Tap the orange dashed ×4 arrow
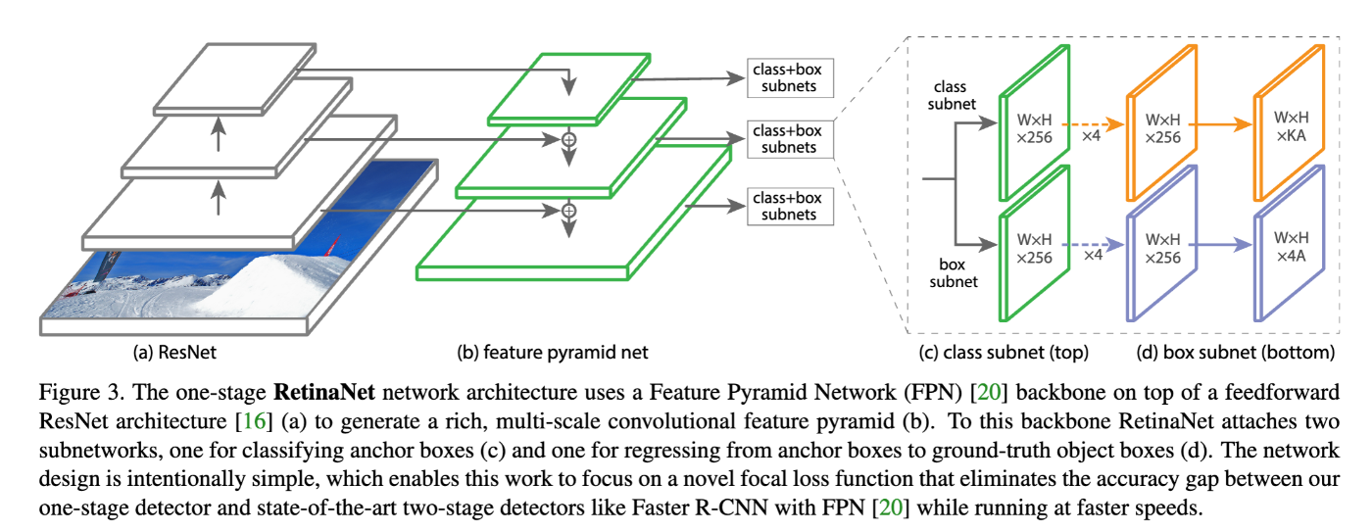click(1091, 124)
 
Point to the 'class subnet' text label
click(955, 96)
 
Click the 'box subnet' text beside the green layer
click(955, 273)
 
